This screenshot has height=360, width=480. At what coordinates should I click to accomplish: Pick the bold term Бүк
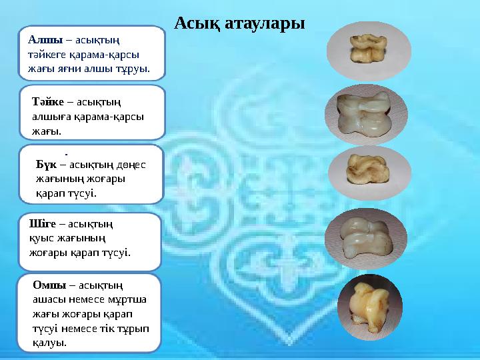(46, 165)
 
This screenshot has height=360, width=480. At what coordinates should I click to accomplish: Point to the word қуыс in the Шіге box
(39, 239)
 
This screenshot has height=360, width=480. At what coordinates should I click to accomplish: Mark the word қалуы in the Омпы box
(50, 343)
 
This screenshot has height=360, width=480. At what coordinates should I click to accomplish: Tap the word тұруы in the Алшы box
(133, 67)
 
